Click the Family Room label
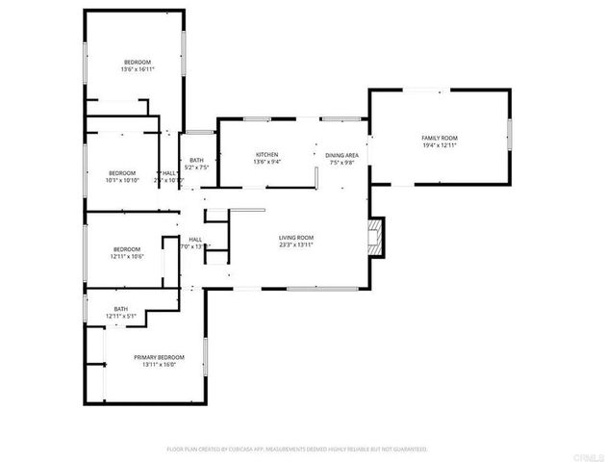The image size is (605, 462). tap(440, 138)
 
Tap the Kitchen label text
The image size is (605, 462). tap(266, 155)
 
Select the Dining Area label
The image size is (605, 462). tap(341, 155)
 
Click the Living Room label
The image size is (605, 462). tap(296, 238)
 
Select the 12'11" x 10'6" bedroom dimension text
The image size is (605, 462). tap(127, 256)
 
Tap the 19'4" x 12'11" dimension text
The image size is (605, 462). tap(440, 145)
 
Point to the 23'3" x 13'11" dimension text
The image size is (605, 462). tap(296, 245)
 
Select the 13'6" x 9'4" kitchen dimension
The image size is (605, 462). tap(266, 163)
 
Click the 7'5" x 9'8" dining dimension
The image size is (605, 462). tap(341, 163)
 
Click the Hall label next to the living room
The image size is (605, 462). tap(194, 239)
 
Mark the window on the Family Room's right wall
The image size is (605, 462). tap(509, 136)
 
